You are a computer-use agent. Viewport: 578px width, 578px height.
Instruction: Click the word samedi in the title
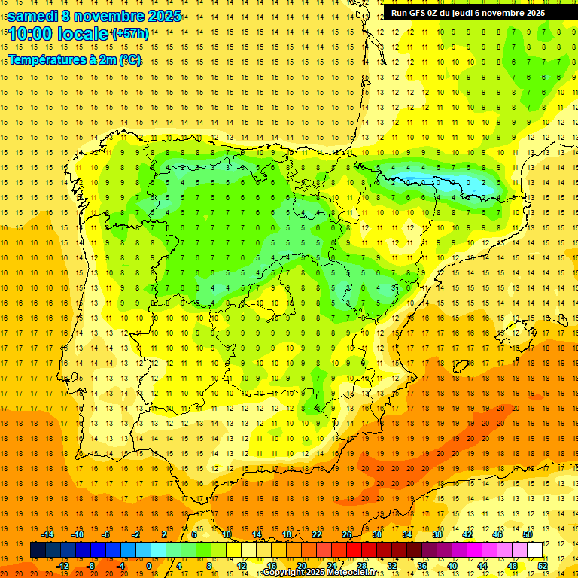point(36,16)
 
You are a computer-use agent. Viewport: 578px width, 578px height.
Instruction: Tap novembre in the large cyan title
point(111,16)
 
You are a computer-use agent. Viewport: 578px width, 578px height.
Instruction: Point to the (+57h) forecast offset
point(129,35)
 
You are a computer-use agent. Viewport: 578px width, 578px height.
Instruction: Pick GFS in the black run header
point(423,13)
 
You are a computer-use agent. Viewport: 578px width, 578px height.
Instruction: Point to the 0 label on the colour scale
point(149,566)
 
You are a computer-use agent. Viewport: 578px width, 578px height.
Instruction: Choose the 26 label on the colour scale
point(347,534)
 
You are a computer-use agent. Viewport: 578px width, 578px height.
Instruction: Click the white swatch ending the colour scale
point(534,550)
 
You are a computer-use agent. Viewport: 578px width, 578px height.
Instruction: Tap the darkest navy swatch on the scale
point(38,550)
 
